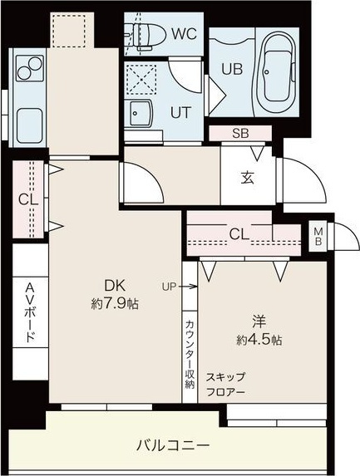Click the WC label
click(x=185, y=35)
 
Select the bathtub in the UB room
click(x=276, y=70)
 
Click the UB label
click(x=232, y=70)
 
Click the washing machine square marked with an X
click(x=142, y=80)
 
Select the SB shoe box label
click(x=239, y=133)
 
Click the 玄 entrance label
click(x=248, y=177)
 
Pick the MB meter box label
click(x=318, y=234)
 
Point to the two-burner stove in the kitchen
click(x=27, y=66)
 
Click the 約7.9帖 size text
click(x=115, y=304)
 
